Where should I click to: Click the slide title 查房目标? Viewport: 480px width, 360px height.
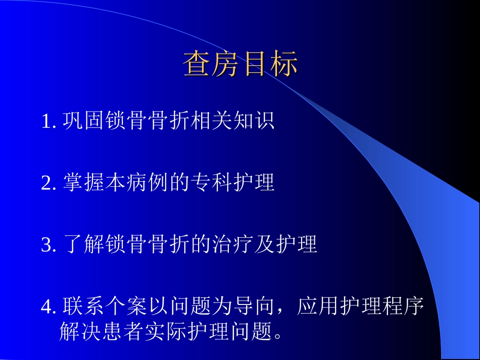(x=241, y=64)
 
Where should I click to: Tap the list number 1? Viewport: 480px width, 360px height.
(x=47, y=122)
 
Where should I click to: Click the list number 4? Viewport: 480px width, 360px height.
(x=47, y=306)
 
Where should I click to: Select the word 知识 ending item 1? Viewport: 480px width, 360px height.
(x=254, y=121)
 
